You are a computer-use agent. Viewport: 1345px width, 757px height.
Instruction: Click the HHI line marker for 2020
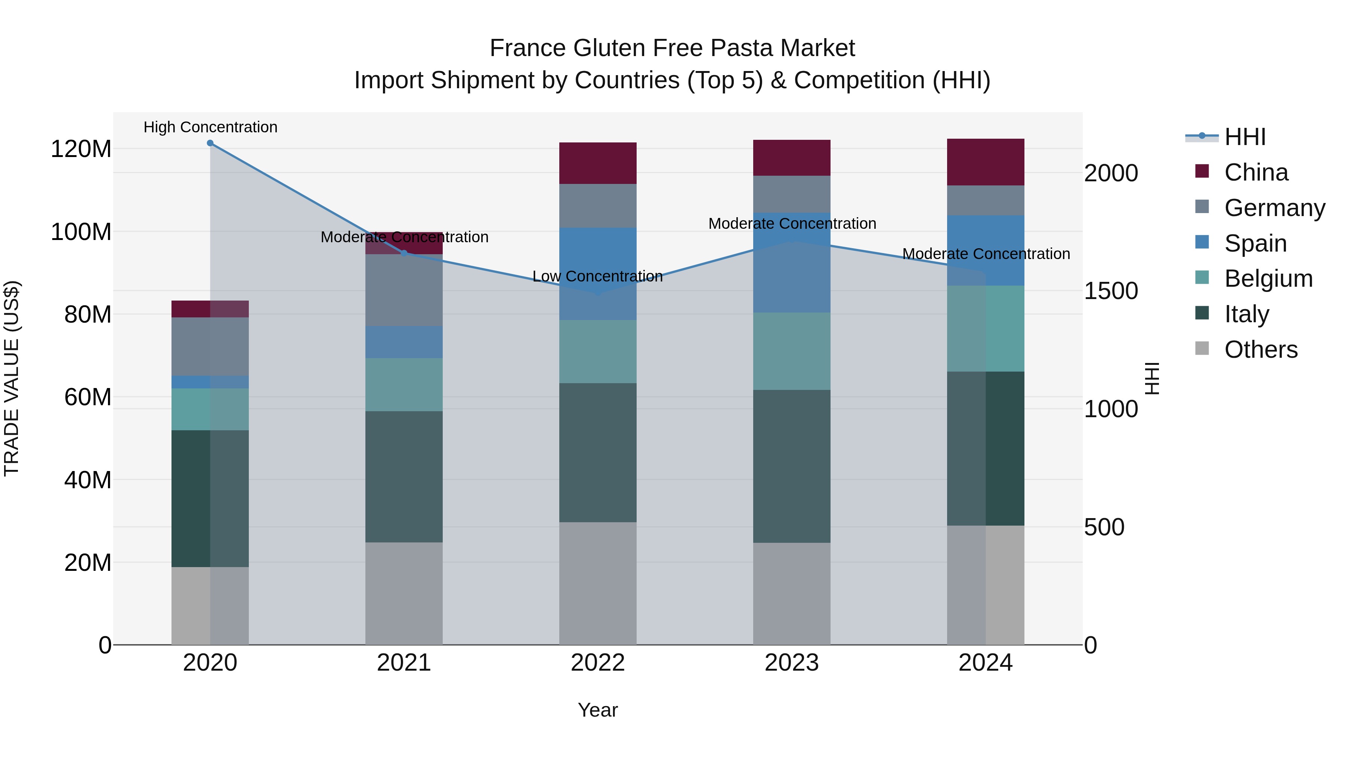[210, 143]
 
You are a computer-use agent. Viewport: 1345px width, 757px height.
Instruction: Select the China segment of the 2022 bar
[597, 163]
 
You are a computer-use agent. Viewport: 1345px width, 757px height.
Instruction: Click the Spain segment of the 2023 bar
[792, 262]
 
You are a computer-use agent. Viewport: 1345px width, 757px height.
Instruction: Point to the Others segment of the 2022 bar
[597, 583]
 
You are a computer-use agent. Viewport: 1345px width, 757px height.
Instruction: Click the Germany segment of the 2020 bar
[210, 347]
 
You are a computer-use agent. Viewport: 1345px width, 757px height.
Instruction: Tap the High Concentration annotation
[210, 127]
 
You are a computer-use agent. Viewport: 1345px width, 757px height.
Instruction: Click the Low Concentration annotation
[597, 276]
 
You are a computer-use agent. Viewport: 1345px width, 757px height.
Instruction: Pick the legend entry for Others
[1261, 350]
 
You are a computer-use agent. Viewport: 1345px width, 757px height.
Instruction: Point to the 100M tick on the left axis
[81, 232]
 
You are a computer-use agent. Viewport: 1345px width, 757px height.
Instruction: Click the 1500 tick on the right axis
[1111, 291]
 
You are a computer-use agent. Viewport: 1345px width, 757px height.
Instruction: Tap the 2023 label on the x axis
[792, 663]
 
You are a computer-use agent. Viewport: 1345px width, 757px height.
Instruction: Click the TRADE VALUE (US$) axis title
[12, 378]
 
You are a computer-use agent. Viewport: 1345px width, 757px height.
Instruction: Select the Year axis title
[597, 710]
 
